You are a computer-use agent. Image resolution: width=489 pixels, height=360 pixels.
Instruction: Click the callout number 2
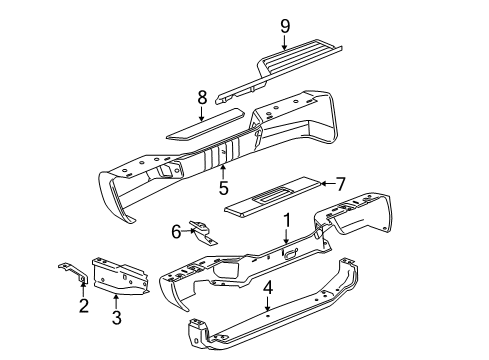(x=83, y=306)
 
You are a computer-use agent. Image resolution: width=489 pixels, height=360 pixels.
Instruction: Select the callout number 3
(x=117, y=319)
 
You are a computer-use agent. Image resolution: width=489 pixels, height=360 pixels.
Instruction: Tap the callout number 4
(x=267, y=291)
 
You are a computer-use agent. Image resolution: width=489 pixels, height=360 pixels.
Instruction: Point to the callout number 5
(x=224, y=186)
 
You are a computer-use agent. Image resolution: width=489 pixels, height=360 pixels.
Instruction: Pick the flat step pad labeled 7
(x=270, y=195)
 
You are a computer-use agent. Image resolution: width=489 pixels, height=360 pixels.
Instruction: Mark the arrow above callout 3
(x=117, y=300)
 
